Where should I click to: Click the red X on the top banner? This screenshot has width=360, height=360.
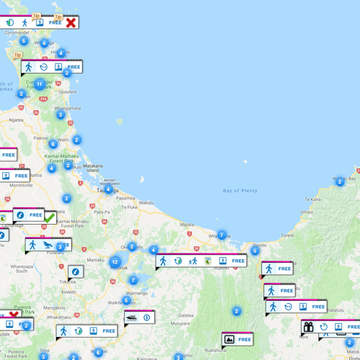(x=71, y=22)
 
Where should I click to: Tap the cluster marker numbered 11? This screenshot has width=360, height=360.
(x=40, y=84)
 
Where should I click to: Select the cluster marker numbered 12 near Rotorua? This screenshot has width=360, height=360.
(x=115, y=262)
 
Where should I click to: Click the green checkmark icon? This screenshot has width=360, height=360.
(x=50, y=217)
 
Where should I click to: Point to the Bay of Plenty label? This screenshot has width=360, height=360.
(x=240, y=191)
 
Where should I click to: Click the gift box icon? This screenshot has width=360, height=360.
(x=308, y=328)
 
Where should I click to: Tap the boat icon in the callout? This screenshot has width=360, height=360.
(x=131, y=318)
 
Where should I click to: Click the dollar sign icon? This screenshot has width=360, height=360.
(x=147, y=318)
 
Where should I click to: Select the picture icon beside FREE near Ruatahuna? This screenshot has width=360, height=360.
(x=229, y=339)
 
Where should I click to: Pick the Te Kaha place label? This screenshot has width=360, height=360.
(x=312, y=199)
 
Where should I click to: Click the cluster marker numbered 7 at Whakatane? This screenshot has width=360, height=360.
(x=222, y=235)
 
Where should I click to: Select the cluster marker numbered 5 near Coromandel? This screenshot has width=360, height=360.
(x=24, y=41)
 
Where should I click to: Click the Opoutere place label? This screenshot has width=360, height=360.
(x=67, y=92)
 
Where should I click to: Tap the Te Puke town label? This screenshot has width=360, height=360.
(x=129, y=207)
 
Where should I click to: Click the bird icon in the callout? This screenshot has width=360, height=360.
(x=47, y=245)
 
